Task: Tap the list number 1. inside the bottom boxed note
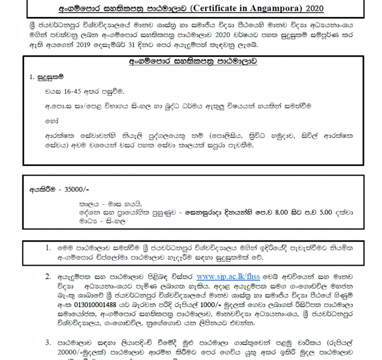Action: click(49, 247)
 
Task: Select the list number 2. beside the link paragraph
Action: click(49, 277)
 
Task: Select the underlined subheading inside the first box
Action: click(193, 62)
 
